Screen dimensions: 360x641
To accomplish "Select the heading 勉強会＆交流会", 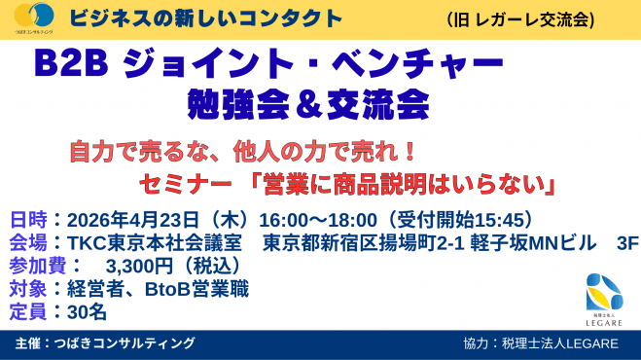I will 308,100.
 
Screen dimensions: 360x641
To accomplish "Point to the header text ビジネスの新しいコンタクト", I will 207,18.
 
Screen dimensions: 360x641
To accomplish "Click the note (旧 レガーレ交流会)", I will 521,18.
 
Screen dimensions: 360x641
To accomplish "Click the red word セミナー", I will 181,182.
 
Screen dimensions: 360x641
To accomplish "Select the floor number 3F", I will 615,241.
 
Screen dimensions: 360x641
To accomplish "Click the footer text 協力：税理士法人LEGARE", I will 540,344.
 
